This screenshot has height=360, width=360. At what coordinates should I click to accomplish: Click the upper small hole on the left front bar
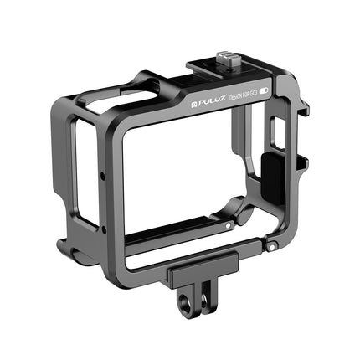(102, 177)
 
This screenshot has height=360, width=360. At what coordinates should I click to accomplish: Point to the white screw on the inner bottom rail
(227, 227)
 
